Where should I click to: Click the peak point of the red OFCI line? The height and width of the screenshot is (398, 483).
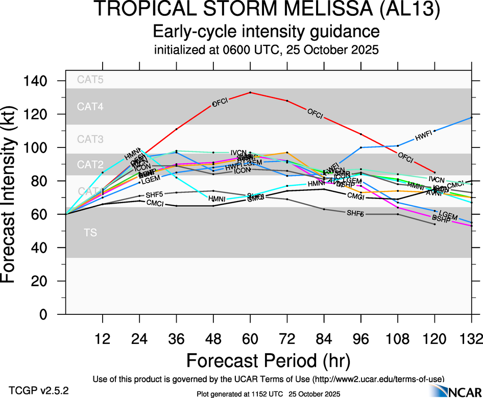(250, 92)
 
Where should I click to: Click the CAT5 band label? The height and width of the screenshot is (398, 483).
(90, 79)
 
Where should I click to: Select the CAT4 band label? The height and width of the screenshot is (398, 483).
(90, 107)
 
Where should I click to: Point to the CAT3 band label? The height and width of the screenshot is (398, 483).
(90, 139)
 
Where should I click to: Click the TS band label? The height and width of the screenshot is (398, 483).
(90, 233)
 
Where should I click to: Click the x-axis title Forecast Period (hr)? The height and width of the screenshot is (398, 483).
(268, 360)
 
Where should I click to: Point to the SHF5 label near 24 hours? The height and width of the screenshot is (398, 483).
(154, 195)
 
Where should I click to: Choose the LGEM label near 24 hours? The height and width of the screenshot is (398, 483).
(151, 179)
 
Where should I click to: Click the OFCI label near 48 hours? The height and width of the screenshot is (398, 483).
(220, 103)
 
